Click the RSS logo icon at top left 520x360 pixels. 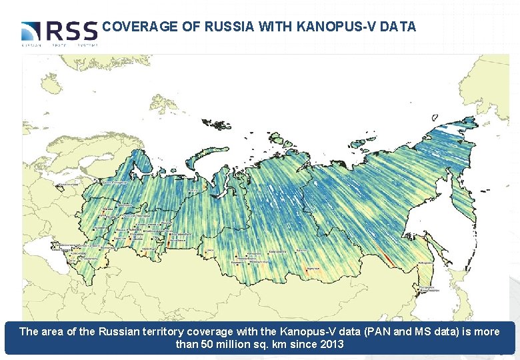[31, 31]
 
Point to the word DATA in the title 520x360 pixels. [399, 27]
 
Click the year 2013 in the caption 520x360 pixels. [331, 344]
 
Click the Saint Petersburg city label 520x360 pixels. [115, 181]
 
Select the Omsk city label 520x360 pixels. [209, 250]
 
